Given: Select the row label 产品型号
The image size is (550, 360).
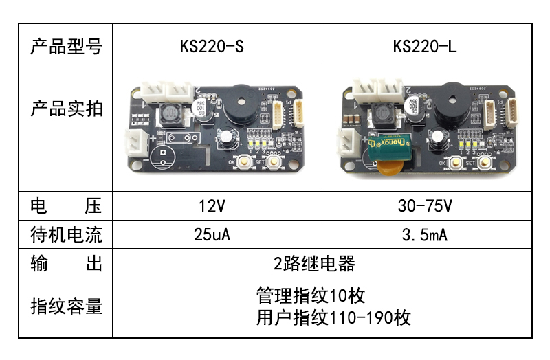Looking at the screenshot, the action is coord(66,46).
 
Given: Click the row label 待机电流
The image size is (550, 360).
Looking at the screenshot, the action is coord(66,235).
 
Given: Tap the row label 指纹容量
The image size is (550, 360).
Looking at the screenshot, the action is coord(66,306).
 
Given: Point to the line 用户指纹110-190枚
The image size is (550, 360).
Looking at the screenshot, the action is coord(333,318).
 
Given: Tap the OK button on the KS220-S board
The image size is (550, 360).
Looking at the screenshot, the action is coord(243,161).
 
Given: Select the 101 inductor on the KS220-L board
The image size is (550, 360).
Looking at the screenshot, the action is coord(382,114).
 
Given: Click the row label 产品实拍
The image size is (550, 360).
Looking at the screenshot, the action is coord(66,108).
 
